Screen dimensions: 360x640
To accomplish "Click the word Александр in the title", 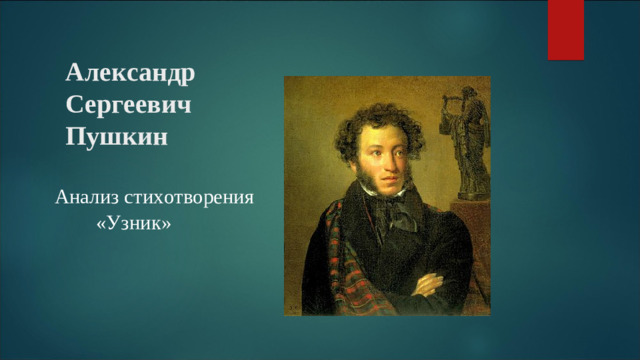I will click(x=130, y=73).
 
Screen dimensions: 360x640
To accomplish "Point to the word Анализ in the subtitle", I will click(x=86, y=197).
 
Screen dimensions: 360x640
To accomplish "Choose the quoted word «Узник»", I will click(x=133, y=227).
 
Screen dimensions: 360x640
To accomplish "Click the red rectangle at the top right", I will click(x=566, y=29).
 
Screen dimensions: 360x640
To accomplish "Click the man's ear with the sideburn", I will click(x=349, y=160).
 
